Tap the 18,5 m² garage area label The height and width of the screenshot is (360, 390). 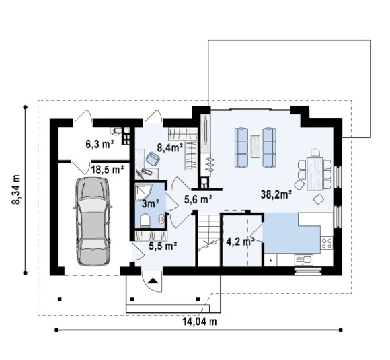pyautogui.click(x=108, y=170)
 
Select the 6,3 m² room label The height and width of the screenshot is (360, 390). pyautogui.click(x=100, y=144)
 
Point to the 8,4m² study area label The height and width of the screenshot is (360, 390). pyautogui.click(x=170, y=147)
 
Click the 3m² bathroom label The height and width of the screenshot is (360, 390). pyautogui.click(x=151, y=204)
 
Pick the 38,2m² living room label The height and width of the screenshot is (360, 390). pyautogui.click(x=276, y=194)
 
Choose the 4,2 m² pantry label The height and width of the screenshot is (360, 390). pyautogui.click(x=240, y=242)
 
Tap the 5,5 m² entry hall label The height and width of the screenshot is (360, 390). pyautogui.click(x=163, y=246)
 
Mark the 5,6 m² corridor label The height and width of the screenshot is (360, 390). pyautogui.click(x=198, y=199)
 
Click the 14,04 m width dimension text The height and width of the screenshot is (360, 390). pyautogui.click(x=200, y=322)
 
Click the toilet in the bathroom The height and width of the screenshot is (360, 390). pyautogui.click(x=145, y=221)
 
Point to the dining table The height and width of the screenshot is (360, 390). pyautogui.click(x=315, y=174)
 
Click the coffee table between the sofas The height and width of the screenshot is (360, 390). pyautogui.click(x=256, y=147)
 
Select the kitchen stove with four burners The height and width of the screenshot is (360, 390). pyautogui.click(x=327, y=243)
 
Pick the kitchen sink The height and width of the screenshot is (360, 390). pyautogui.click(x=304, y=260)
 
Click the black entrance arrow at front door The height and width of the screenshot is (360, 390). pyautogui.click(x=153, y=281)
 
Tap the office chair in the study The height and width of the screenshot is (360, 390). pyautogui.click(x=153, y=158)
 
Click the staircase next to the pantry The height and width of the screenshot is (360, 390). pyautogui.click(x=208, y=240)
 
